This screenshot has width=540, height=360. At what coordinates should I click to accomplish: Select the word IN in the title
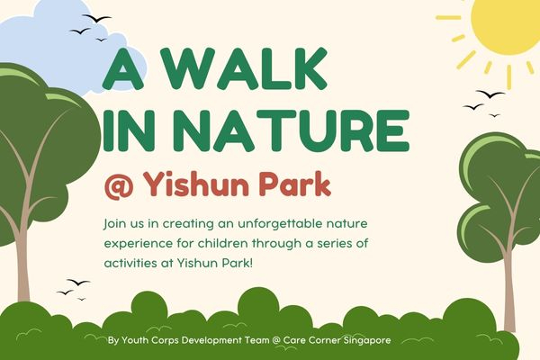click(x=130, y=130)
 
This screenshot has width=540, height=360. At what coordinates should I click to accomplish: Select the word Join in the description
click(x=117, y=222)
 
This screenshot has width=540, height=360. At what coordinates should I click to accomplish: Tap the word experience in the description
click(x=139, y=242)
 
